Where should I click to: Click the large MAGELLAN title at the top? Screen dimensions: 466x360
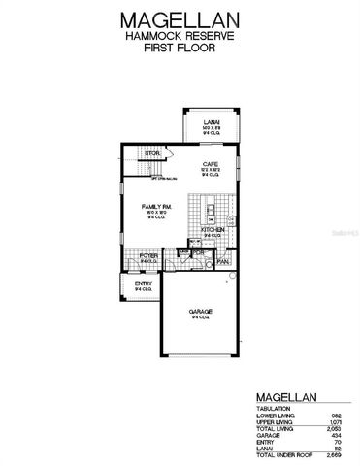pos(180,18)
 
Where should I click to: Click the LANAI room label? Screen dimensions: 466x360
pos(207,120)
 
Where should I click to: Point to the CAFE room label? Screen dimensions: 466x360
pos(208,164)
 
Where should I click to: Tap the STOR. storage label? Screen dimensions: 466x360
pos(151,153)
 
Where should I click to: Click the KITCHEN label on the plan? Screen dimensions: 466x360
pos(213,230)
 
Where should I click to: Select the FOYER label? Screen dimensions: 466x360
pos(149,255)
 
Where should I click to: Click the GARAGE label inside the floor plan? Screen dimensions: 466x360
pos(201,312)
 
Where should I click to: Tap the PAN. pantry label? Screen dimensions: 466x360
pos(222,261)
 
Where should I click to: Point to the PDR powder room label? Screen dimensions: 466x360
pos(198,253)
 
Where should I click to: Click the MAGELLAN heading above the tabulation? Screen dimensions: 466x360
pos(288,397)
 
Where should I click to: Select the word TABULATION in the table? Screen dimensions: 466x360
pos(273,409)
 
